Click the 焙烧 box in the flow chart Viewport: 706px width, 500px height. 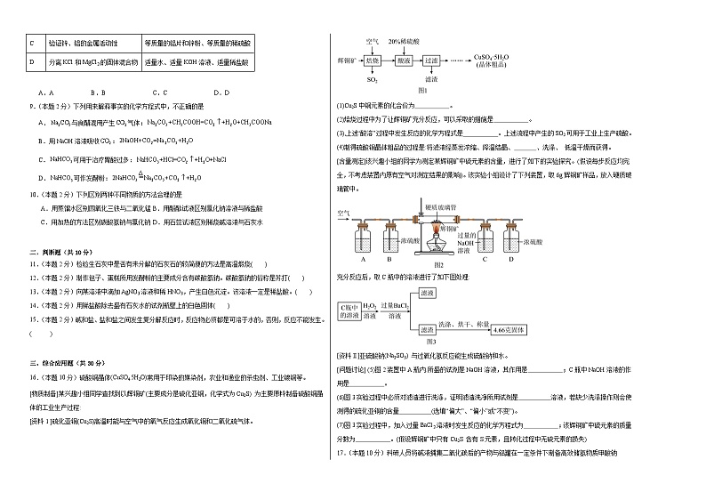[372, 60]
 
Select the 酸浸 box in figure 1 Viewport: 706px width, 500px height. [403, 60]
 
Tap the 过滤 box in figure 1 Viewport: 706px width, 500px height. [432, 60]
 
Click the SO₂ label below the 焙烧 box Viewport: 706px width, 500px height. [372, 80]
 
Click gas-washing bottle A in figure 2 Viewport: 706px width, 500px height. [363, 241]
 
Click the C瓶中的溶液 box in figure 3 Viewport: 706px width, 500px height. [350, 310]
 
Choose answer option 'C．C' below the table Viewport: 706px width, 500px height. [160, 93]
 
